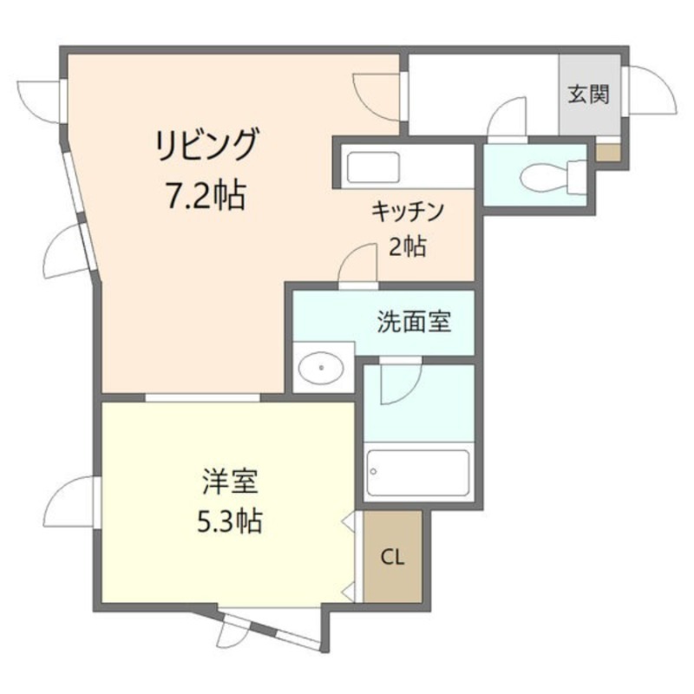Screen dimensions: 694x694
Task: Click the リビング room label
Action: coord(206,145)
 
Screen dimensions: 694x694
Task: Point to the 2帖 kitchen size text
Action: coord(407,246)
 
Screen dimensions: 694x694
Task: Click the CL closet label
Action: coord(393,556)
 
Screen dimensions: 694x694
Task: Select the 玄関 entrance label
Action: coord(589,94)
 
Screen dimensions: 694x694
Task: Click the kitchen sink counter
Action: coord(371,165)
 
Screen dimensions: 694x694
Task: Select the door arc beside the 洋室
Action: coord(69,502)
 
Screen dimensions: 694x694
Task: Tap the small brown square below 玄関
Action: coord(608,153)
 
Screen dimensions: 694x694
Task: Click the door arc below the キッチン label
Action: coord(357,264)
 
